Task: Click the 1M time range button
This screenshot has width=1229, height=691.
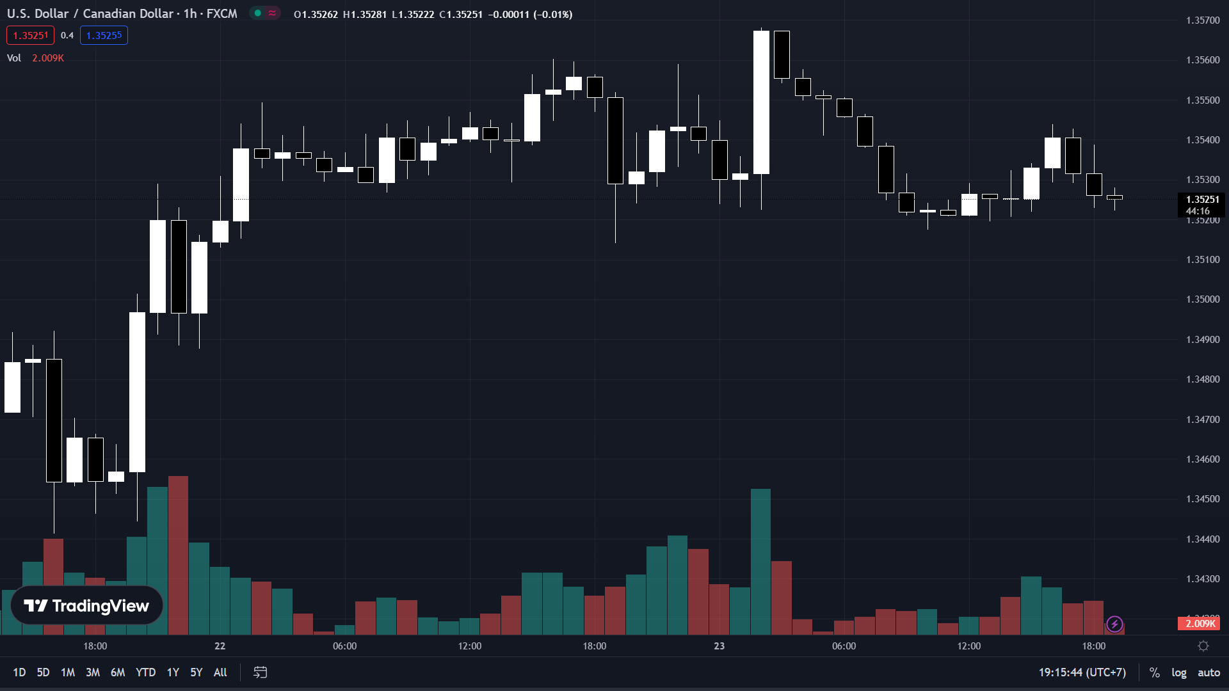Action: coord(68,672)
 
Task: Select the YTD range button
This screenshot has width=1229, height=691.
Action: coord(145,672)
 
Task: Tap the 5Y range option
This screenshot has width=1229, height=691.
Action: coord(196,672)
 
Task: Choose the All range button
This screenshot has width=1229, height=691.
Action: coord(220,672)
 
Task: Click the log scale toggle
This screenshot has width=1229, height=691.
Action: coord(1178,672)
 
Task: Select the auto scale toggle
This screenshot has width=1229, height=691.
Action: coord(1209,672)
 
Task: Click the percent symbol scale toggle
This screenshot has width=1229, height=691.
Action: coord(1154,672)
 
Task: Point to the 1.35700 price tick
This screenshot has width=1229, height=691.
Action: coord(1203,20)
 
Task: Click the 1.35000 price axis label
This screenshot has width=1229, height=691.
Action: coord(1203,299)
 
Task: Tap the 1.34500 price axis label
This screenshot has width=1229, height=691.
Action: coord(1203,499)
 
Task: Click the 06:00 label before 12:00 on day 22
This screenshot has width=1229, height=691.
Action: coord(344,646)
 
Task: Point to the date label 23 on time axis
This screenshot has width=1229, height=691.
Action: coord(719,646)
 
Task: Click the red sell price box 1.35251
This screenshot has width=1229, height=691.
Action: coord(30,35)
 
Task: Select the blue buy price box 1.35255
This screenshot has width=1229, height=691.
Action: coord(104,35)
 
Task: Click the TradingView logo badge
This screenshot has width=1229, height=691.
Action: coord(86,605)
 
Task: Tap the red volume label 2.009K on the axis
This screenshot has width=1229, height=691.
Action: coord(1199,624)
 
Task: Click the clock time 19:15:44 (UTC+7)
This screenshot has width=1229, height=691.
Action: coord(1082,672)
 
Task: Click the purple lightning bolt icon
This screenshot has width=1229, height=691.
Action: coord(1114,624)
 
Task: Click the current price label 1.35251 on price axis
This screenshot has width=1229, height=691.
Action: coord(1202,200)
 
